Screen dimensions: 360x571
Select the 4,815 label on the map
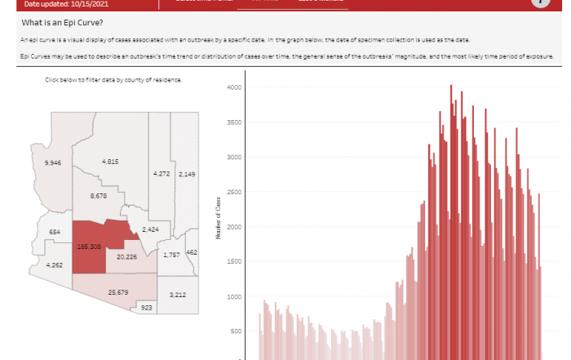111,162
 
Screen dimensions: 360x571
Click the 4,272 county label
161,174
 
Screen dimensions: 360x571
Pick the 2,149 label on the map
188,174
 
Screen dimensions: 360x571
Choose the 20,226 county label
126,256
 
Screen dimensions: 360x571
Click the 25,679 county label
119,291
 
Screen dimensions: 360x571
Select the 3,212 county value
178,294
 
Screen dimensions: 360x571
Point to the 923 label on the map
147,308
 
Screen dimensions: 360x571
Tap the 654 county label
55,233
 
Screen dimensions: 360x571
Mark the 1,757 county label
171,256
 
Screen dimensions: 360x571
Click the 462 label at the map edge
192,253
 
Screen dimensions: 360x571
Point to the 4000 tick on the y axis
233,87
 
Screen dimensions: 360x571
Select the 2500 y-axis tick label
233,192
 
